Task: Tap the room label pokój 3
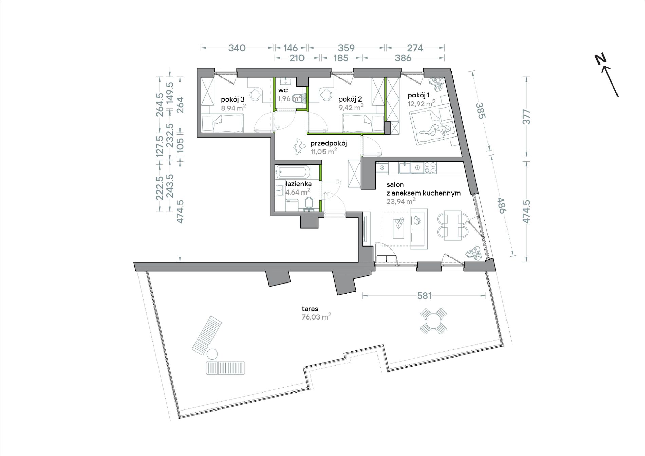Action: click(x=233, y=99)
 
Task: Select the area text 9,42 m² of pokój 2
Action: click(x=351, y=107)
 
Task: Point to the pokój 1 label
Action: click(x=419, y=95)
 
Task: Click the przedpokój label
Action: click(x=328, y=143)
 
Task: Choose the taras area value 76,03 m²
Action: click(x=316, y=317)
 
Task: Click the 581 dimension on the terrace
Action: click(x=424, y=296)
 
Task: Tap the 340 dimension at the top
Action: click(x=237, y=48)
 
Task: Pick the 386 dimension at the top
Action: click(x=403, y=58)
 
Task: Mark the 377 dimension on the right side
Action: click(x=526, y=116)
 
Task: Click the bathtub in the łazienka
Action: click(x=293, y=172)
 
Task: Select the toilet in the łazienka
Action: click(x=309, y=204)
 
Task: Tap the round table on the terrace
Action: click(x=434, y=321)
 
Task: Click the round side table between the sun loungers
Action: click(x=212, y=354)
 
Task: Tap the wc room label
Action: click(x=283, y=90)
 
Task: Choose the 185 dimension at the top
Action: click(x=341, y=58)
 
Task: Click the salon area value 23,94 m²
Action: click(x=401, y=201)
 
